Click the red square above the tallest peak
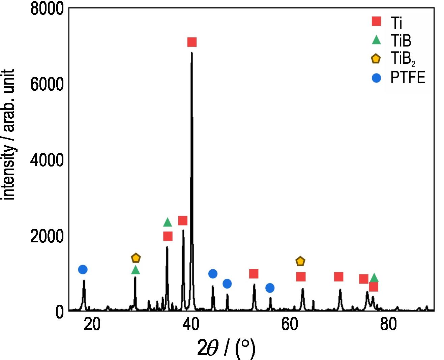(192, 42)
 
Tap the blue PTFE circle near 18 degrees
(83, 269)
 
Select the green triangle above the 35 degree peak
(168, 222)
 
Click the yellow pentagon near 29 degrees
(136, 258)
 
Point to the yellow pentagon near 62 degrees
(300, 261)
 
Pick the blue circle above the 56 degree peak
(270, 288)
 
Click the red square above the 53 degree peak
(254, 274)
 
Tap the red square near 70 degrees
(338, 277)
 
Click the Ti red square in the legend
(376, 22)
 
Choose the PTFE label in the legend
(408, 78)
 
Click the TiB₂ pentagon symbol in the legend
(376, 59)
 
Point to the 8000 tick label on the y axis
(47, 8)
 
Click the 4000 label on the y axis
(47, 160)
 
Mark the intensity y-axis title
(9, 135)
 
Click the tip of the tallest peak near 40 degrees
(192, 53)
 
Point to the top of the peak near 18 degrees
(84, 280)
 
